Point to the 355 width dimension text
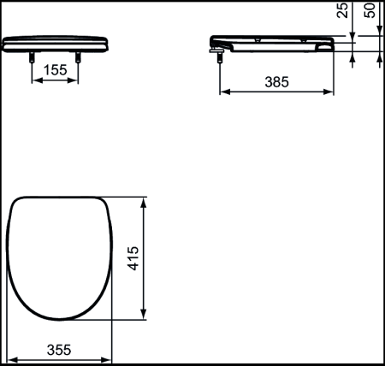coord(58,349)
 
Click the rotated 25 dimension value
coord(342,11)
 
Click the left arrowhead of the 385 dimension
coord(225,92)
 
